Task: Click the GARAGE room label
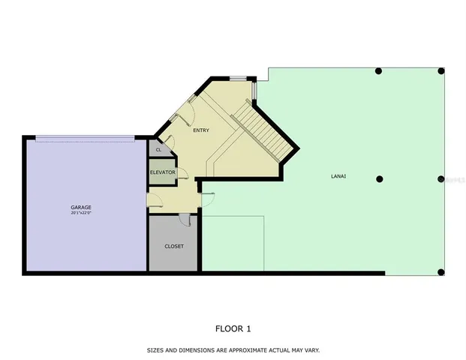click(x=80, y=206)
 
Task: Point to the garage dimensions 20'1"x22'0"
click(x=80, y=212)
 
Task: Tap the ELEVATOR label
click(x=162, y=172)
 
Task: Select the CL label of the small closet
click(x=158, y=150)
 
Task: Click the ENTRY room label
click(x=200, y=130)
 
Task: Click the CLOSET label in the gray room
click(x=174, y=246)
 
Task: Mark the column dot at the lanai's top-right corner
click(x=441, y=71)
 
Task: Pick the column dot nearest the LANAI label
click(x=380, y=178)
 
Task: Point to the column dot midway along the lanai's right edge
click(x=441, y=179)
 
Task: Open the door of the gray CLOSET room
click(x=185, y=218)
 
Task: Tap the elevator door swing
click(x=170, y=143)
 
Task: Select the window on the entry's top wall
click(x=238, y=78)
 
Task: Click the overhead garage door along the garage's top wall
click(x=86, y=137)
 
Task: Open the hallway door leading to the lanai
click(x=207, y=196)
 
